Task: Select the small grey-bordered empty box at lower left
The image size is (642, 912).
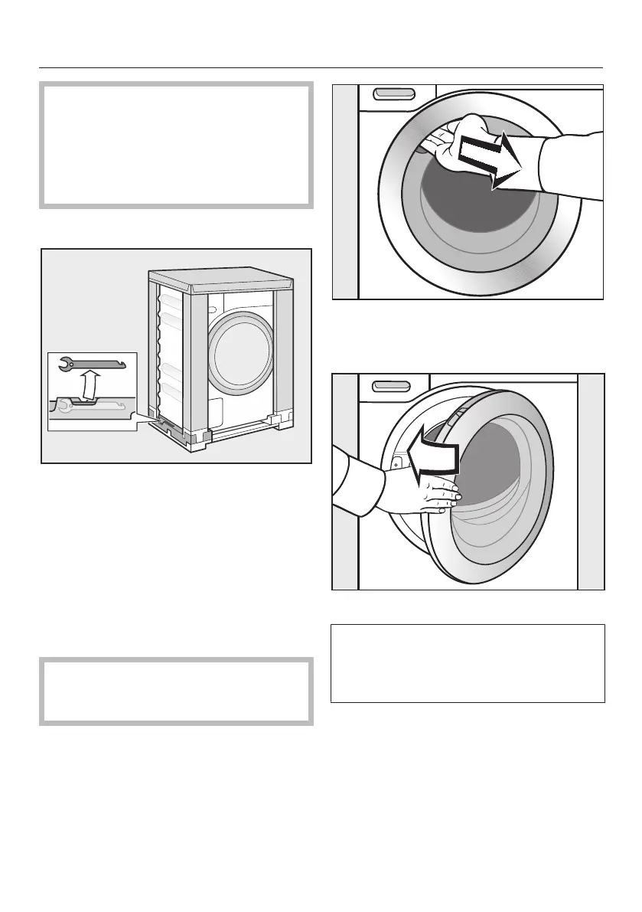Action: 176,691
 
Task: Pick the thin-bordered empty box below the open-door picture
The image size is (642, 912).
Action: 468,663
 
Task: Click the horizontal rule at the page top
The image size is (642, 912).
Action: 321,67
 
